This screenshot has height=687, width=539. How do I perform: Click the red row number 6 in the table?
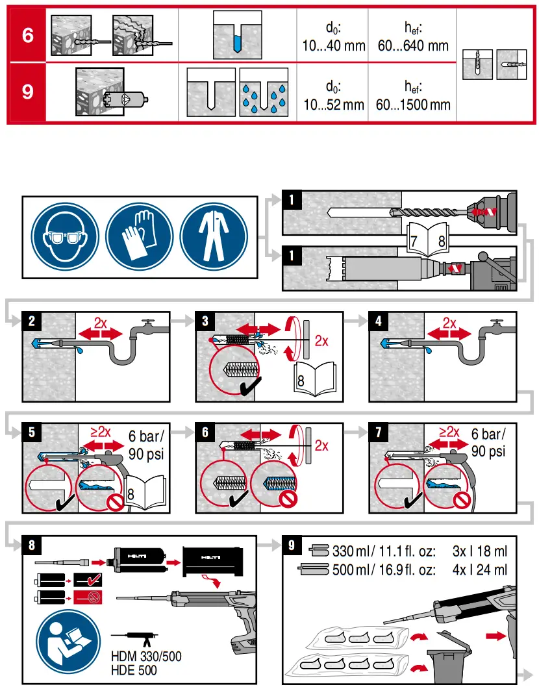pos(27,34)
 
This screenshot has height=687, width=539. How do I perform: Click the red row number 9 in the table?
pos(27,92)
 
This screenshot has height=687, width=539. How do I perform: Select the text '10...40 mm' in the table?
pos(334,46)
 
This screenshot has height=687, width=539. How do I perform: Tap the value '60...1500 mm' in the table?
pos(413,103)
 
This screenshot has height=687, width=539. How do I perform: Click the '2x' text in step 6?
pos(321,445)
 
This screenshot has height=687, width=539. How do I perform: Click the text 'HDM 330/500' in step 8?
pos(146,656)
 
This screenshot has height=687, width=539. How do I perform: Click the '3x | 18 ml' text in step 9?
pos(479,552)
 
